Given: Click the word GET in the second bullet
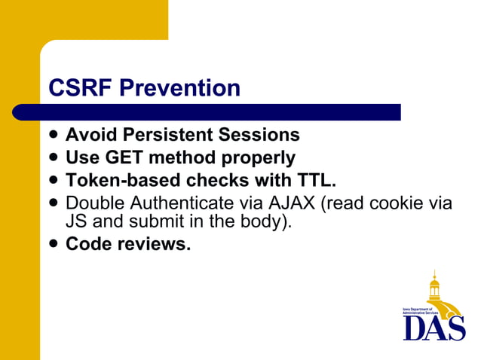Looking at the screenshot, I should point(117,158).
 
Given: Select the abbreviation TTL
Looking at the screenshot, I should point(314,181).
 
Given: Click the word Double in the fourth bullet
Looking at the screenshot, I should point(94,203).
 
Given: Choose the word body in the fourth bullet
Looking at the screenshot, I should point(267,222).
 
